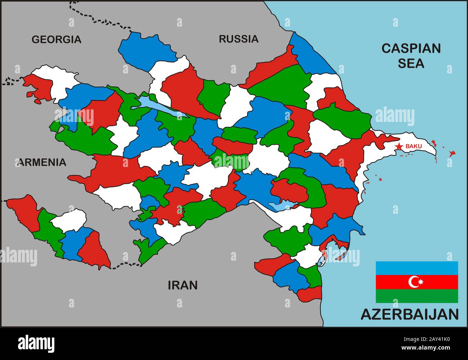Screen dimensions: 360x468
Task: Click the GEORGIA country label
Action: (57, 39)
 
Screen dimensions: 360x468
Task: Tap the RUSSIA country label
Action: (239, 39)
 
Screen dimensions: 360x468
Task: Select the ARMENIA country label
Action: (42, 162)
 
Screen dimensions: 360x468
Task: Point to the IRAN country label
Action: (183, 285)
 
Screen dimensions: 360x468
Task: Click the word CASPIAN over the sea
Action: (411, 48)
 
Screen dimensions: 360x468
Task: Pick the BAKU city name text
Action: (414, 146)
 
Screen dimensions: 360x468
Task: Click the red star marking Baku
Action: (399, 146)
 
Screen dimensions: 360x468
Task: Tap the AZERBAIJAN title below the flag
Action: (410, 314)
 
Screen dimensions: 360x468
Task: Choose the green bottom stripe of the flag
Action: (417, 296)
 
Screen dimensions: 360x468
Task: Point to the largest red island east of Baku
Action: (452, 154)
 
